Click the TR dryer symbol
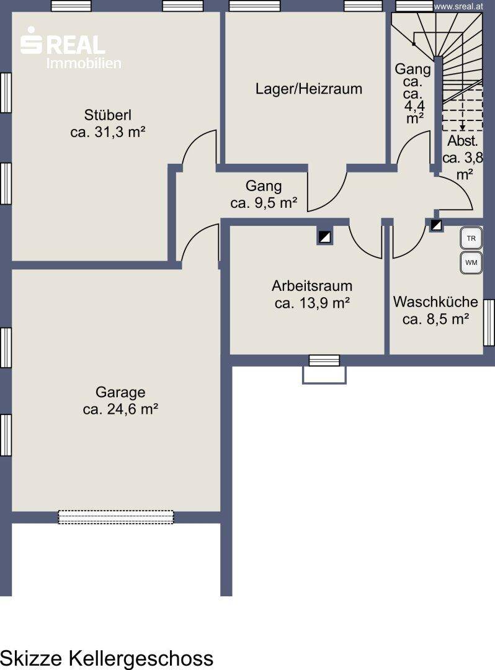pos(471,238)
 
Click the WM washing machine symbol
pos(471,262)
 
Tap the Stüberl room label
pos(108,115)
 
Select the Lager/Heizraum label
pos(309,89)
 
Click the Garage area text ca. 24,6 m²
pos(120,409)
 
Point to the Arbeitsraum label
pos(312,285)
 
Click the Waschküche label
pos(435,301)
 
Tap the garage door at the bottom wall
pos(116,517)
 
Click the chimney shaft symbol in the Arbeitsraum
pos(324,237)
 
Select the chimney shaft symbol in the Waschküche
pos(436,225)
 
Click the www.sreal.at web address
pos(458,6)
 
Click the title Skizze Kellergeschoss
pos(107,658)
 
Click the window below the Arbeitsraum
pos(324,360)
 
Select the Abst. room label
pos(463,141)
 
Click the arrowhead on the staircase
pos(463,127)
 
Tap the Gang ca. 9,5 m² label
pos(264,194)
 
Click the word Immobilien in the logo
pos(84,63)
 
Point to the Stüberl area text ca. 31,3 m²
pos(108,132)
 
